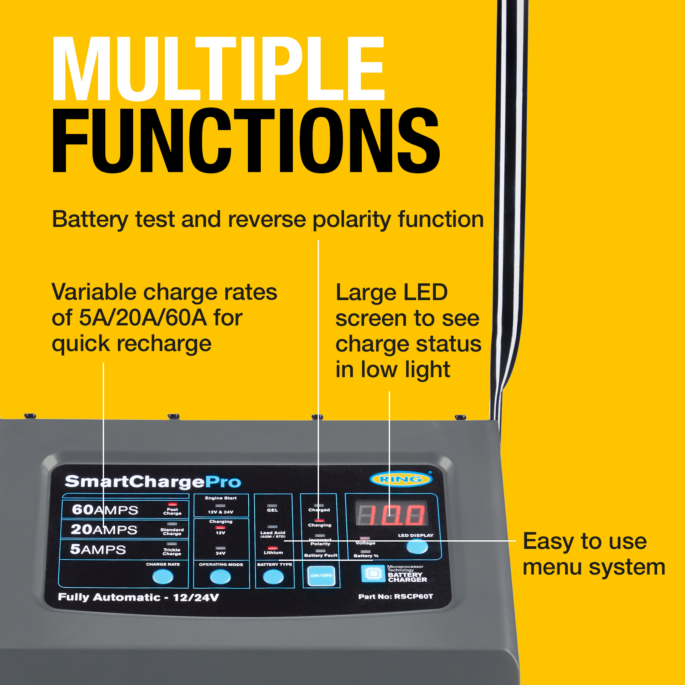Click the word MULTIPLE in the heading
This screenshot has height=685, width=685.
tap(218, 68)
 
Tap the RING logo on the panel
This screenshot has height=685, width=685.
tap(400, 479)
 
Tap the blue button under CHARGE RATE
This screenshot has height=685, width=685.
tap(163, 577)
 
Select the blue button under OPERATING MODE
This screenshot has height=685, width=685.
tap(220, 577)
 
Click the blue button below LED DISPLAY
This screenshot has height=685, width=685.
tap(417, 547)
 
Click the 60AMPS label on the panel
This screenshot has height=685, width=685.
tap(105, 509)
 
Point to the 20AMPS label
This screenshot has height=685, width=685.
tap(104, 530)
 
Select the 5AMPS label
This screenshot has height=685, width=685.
tap(98, 549)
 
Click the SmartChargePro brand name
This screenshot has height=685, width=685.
tap(153, 482)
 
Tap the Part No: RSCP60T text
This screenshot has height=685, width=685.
tap(395, 596)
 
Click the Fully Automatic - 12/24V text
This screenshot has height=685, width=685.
tap(138, 597)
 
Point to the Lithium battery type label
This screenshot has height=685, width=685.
tap(273, 552)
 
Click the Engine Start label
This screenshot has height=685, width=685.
tap(220, 498)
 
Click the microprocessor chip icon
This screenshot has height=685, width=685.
tap(373, 573)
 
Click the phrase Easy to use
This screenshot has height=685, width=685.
tap(584, 541)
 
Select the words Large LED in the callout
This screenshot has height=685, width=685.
tap(391, 292)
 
